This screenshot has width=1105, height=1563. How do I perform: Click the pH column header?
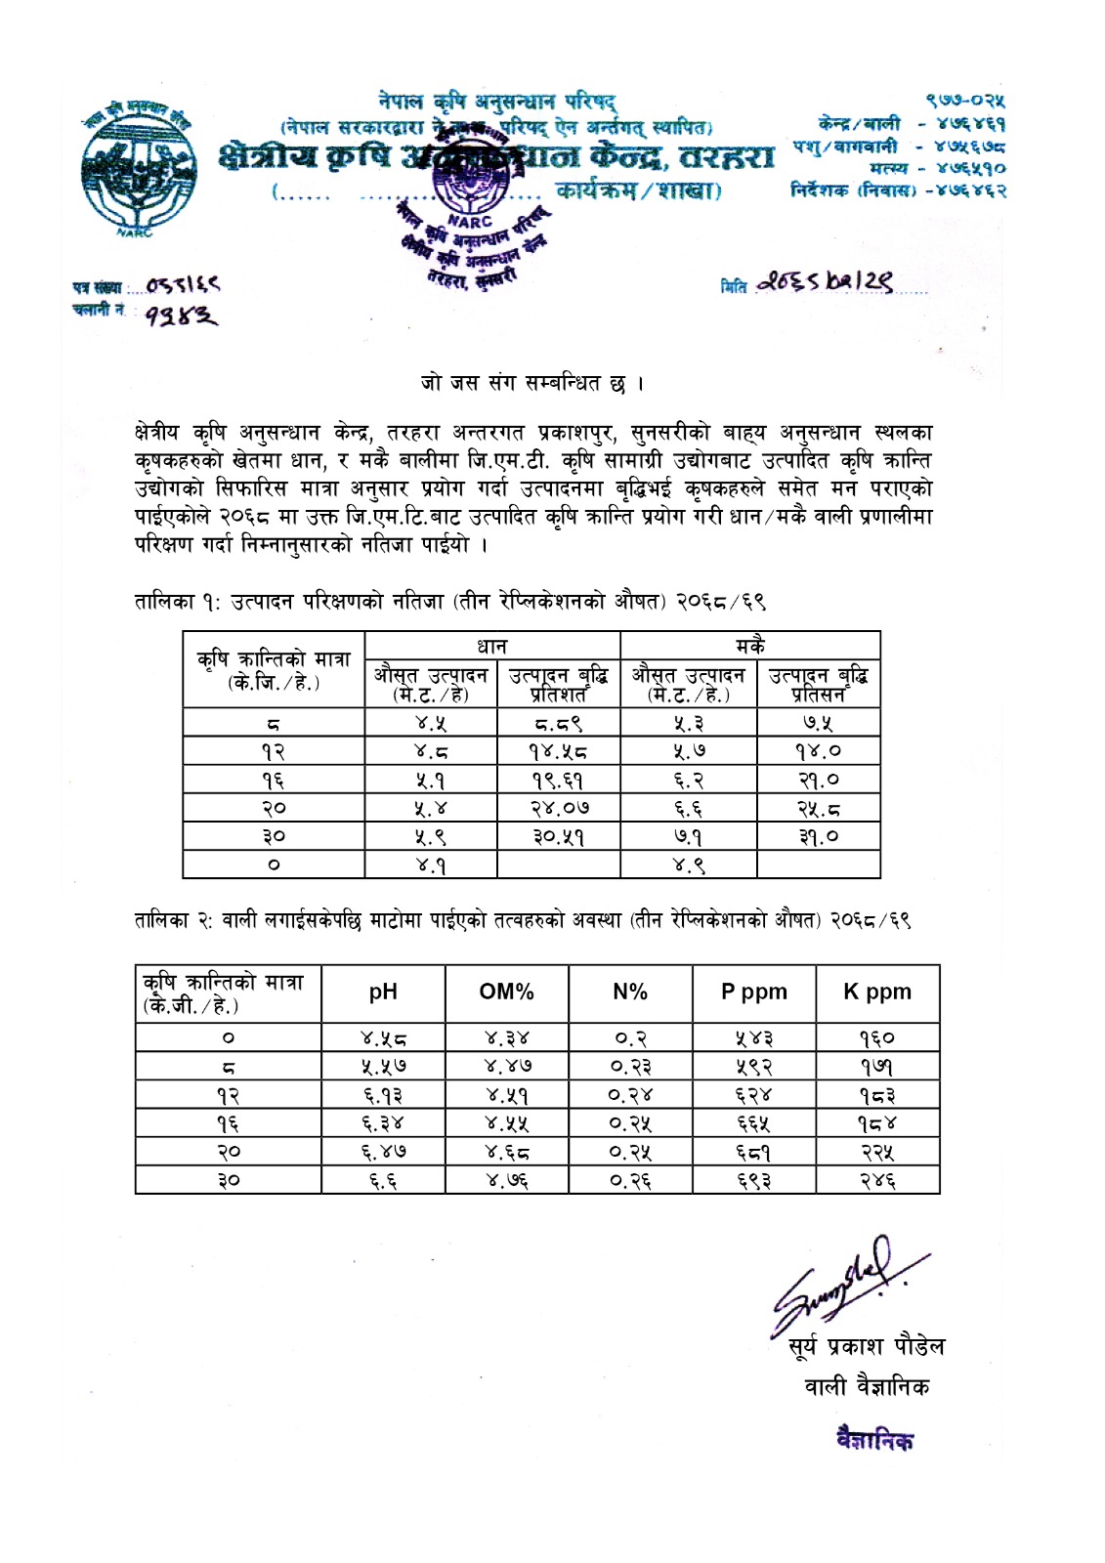coord(383,993)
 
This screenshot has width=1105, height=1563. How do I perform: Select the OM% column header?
coord(506,993)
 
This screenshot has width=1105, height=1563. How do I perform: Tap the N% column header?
coord(630,993)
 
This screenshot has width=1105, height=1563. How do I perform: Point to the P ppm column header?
coord(753,993)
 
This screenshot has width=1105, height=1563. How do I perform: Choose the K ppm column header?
coord(877,993)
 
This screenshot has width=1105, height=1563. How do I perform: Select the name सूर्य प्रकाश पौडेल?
coord(867,1347)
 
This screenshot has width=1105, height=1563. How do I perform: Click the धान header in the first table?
coord(491,646)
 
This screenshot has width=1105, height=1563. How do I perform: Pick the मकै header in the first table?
coord(750,646)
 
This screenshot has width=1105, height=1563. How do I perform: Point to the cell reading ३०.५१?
coord(559,837)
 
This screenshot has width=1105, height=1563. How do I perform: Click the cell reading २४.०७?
coord(559,809)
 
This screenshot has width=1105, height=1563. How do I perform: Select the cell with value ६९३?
coord(753,1181)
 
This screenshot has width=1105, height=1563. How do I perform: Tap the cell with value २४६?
coord(877,1181)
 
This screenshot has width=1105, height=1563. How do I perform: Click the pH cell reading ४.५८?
coord(383,1038)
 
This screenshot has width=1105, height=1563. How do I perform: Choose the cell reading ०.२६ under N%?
coord(630,1181)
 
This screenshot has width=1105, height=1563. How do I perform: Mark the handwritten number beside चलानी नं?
coord(182,316)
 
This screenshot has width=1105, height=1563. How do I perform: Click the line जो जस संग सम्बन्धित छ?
coord(531,382)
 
